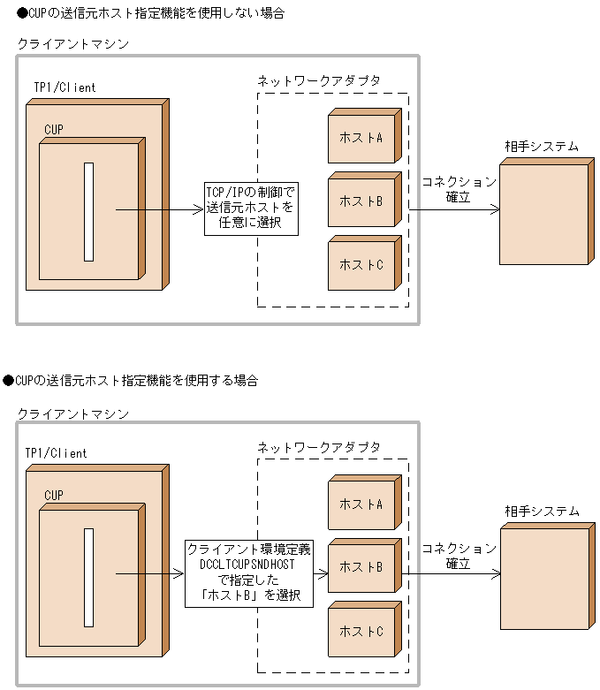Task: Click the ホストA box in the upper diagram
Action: click(x=362, y=138)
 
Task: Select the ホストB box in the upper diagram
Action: click(x=362, y=201)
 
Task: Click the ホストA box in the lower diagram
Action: click(x=362, y=504)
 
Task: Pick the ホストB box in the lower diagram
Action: click(x=362, y=567)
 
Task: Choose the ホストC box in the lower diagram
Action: click(x=362, y=632)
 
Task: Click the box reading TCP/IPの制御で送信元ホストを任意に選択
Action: click(x=250, y=209)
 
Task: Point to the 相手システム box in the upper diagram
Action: click(x=543, y=213)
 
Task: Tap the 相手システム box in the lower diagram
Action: click(x=543, y=578)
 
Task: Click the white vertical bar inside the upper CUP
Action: click(x=88, y=212)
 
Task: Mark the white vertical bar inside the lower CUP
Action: click(x=88, y=577)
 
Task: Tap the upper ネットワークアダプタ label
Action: click(x=318, y=80)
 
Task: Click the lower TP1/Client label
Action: click(x=60, y=453)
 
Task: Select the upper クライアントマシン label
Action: click(x=72, y=43)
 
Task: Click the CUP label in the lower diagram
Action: click(x=54, y=495)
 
